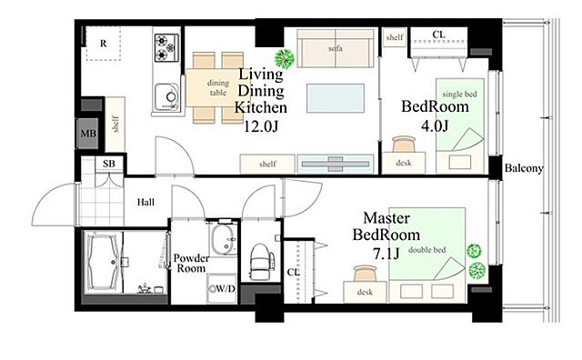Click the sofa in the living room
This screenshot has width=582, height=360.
336,48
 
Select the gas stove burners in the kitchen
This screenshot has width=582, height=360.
166,47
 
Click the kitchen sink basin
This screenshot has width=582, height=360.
166,96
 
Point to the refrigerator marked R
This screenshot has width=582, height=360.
104,44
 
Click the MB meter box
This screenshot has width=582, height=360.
88,134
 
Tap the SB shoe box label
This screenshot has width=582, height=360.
109,164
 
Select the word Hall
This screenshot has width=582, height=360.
145,202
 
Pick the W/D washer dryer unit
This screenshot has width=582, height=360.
222,289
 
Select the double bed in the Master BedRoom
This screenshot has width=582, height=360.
426,255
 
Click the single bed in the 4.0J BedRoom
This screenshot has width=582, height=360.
460,125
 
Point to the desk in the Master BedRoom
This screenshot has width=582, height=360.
365,292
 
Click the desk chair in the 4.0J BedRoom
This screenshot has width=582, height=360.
404,144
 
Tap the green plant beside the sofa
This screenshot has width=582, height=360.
285,58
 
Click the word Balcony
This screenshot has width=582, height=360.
524,168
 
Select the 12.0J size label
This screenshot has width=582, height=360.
260,126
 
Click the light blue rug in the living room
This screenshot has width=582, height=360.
336,98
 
